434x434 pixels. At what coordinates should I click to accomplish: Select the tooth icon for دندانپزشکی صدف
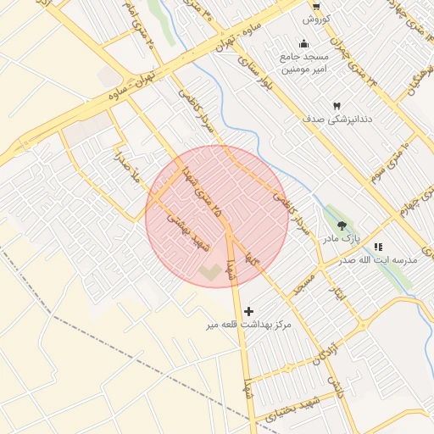click(337, 106)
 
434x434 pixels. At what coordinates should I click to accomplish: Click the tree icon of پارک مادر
click(342, 225)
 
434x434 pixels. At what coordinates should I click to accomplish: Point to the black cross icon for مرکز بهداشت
click(248, 311)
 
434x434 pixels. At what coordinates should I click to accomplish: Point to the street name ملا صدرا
click(128, 167)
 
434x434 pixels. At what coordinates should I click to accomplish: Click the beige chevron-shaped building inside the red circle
click(209, 271)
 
